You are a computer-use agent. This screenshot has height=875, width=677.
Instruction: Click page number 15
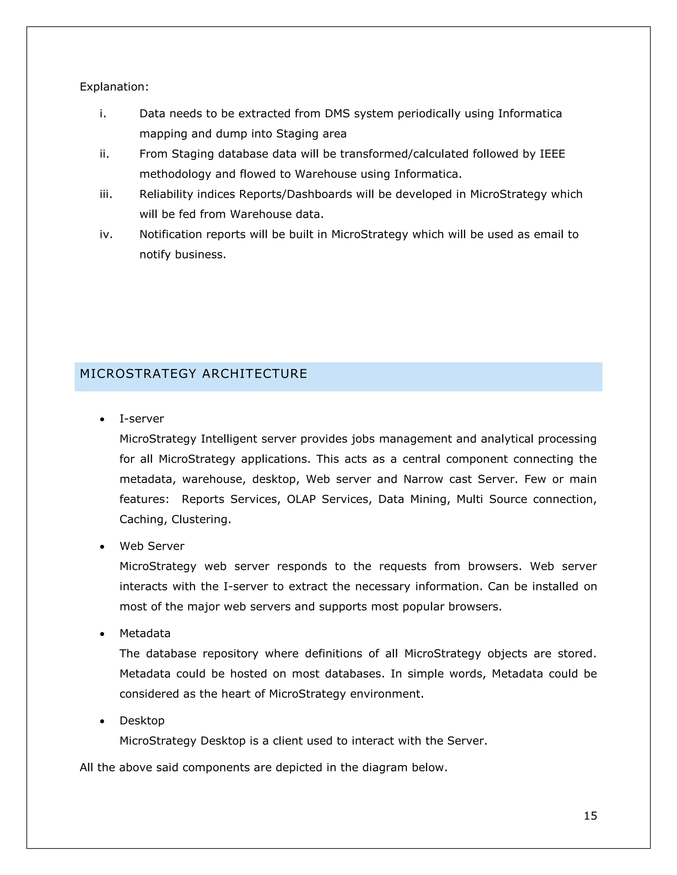click(x=590, y=816)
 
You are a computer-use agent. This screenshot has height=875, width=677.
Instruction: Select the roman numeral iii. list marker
click(x=106, y=194)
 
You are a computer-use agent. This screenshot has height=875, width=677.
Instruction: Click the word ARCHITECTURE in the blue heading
click(x=254, y=374)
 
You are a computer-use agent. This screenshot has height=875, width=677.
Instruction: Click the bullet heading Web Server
click(x=152, y=546)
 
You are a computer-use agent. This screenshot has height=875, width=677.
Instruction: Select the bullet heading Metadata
click(x=145, y=633)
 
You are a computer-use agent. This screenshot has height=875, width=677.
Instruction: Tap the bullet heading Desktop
click(x=142, y=721)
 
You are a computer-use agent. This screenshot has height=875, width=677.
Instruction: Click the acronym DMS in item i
click(x=337, y=114)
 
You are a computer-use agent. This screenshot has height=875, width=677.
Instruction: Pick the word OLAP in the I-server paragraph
click(x=301, y=499)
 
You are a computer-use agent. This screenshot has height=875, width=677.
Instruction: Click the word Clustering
click(x=201, y=519)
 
